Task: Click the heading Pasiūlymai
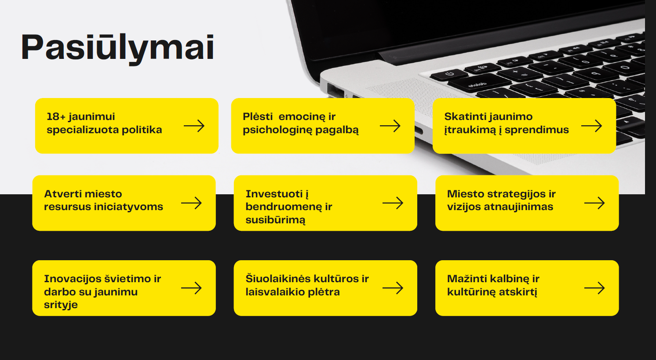(117, 48)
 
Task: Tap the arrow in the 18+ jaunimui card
(194, 126)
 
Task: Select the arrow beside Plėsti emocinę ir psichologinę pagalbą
(390, 126)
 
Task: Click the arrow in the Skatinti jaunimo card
(591, 126)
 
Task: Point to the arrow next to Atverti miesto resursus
(192, 203)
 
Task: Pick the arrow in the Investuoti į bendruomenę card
(393, 203)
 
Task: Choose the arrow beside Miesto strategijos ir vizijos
(594, 203)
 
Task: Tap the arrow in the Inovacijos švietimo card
(192, 288)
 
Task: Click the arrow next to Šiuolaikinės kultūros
(393, 288)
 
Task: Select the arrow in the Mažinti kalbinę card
(594, 288)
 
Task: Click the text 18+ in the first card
(56, 116)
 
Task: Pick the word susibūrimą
(275, 220)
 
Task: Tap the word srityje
(61, 305)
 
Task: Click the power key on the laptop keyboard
(449, 74)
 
